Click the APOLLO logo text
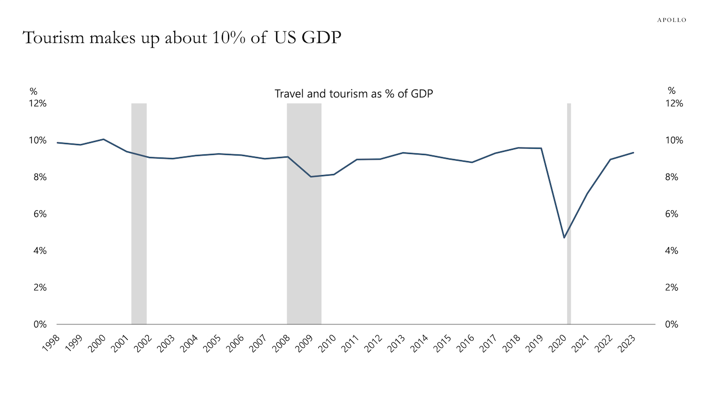[672, 20]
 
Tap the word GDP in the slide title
[324, 38]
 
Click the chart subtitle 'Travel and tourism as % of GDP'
[353, 94]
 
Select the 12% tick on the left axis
[38, 104]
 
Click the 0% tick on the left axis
[40, 324]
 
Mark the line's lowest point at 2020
[564, 238]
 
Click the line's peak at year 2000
[104, 139]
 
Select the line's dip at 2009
[311, 177]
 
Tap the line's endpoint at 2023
[633, 153]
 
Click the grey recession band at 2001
[139, 233]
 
